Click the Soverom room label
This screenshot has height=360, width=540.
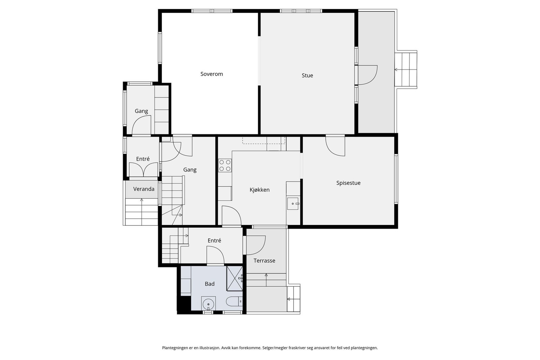(212, 74)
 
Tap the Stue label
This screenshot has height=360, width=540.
(307, 76)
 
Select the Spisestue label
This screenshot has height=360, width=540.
(348, 183)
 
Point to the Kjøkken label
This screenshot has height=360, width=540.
(260, 190)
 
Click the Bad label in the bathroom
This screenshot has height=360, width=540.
(210, 284)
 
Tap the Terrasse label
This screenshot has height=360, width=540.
(264, 260)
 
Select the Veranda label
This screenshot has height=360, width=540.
(144, 189)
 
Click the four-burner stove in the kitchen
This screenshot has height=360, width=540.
(225, 165)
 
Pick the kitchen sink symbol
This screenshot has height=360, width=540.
(293, 203)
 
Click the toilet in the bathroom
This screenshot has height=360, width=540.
(234, 301)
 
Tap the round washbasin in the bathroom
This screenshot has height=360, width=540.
(208, 304)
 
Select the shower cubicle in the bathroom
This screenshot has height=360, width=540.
(235, 279)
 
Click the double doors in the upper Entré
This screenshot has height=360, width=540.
(143, 170)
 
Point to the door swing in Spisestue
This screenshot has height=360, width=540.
(335, 146)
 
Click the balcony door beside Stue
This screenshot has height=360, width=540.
(368, 75)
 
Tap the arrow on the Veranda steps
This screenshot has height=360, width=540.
(141, 212)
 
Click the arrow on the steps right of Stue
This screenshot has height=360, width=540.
(406, 70)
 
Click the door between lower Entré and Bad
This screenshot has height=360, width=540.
(215, 255)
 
